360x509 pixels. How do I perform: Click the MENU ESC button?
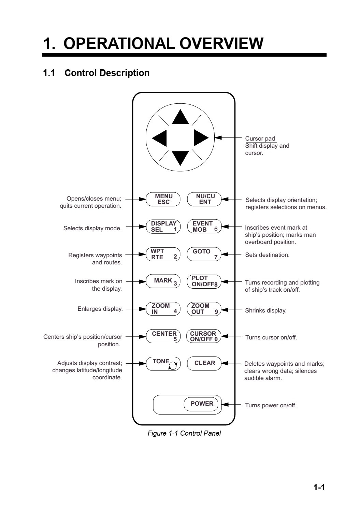tap(163, 199)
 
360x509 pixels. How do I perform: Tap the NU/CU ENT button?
tap(204, 199)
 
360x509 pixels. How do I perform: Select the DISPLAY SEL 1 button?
tap(163, 227)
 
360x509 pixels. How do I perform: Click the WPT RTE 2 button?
tap(163, 254)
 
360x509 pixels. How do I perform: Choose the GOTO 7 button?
tap(204, 254)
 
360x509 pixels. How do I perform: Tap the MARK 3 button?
tap(163, 281)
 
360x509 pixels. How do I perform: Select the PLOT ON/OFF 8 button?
tap(204, 281)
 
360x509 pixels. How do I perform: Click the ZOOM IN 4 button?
tap(163, 309)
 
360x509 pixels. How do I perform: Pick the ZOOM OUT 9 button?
tap(204, 309)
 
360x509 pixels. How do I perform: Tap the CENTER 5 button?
tap(163, 336)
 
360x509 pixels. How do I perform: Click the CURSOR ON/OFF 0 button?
tap(204, 336)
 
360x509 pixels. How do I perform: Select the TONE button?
tap(163, 363)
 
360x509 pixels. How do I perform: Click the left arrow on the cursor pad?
tap(159, 138)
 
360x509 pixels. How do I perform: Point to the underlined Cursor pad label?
tap(260, 139)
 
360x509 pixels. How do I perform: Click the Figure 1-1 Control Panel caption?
tap(184, 433)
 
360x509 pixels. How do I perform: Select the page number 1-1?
tap(319, 487)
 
